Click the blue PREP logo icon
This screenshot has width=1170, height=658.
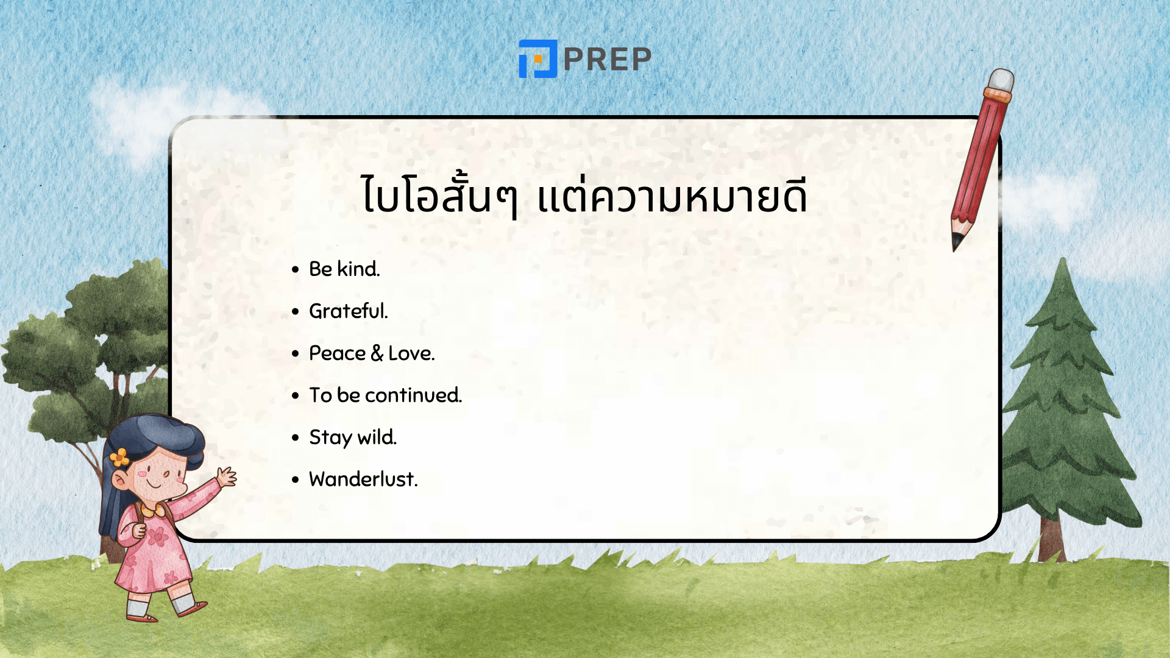(x=537, y=59)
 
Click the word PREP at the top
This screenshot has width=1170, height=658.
(x=608, y=59)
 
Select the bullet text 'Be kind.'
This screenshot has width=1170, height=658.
(x=344, y=269)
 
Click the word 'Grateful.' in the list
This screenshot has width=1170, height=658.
(x=348, y=311)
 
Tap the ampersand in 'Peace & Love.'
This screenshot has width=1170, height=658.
(x=377, y=353)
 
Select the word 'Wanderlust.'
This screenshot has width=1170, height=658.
(x=363, y=479)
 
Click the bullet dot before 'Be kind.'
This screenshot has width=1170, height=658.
(x=296, y=269)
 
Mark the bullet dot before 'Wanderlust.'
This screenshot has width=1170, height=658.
(x=296, y=479)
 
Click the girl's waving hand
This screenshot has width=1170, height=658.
(x=227, y=476)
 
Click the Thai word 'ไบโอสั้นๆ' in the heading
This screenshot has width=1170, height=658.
(x=439, y=196)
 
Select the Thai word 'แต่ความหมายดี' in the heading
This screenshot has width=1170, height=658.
(x=672, y=196)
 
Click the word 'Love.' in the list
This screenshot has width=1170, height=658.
(x=411, y=353)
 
